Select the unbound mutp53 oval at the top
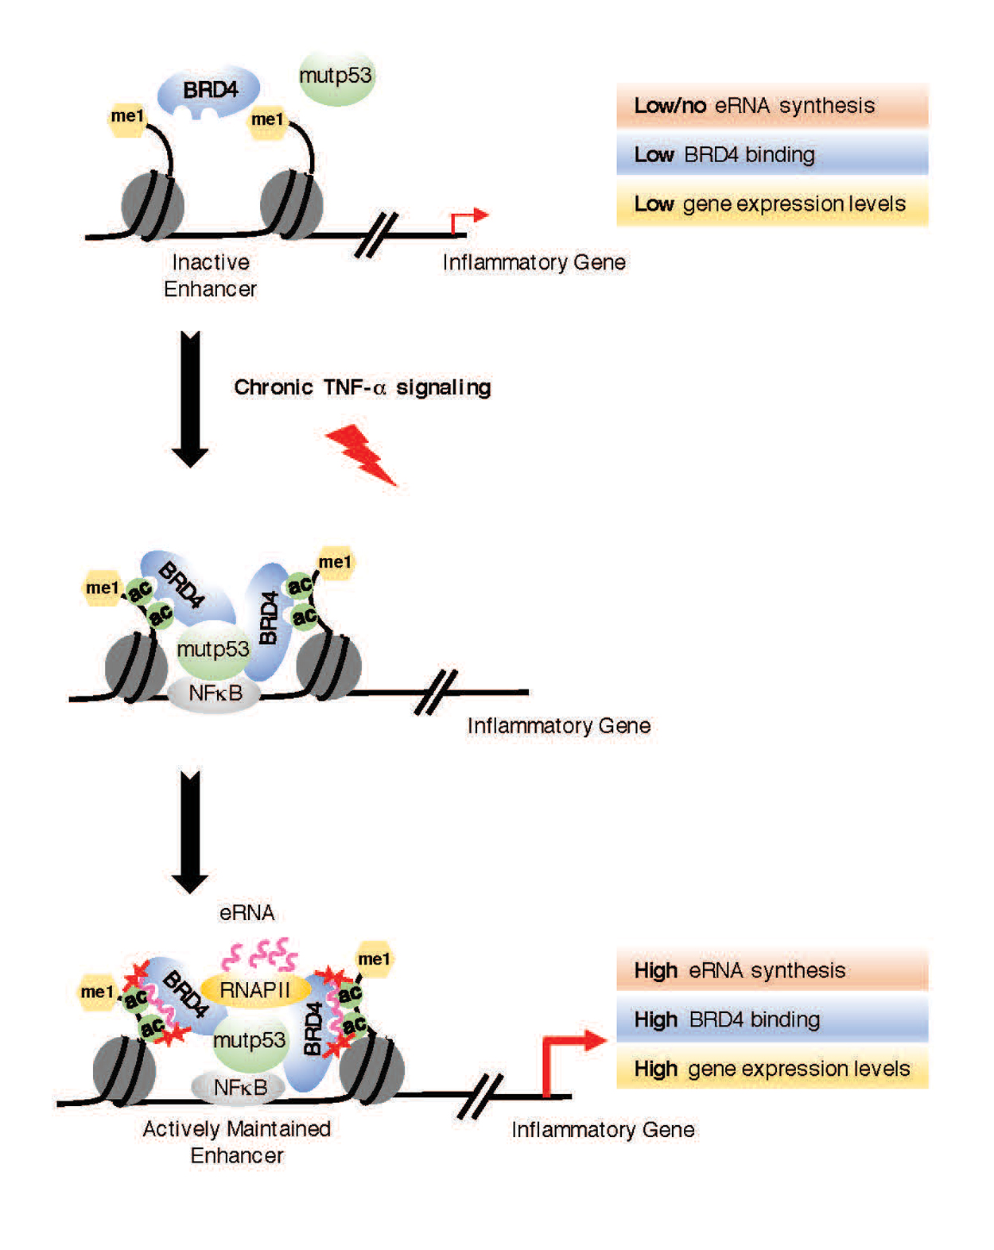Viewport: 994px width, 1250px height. (336, 78)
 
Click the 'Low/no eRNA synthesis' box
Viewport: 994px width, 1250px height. (771, 106)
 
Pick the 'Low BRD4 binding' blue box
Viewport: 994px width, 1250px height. (771, 154)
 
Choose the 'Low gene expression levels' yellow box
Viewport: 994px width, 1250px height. (771, 204)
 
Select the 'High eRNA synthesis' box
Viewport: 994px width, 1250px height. (771, 970)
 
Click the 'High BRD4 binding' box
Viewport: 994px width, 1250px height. (771, 1019)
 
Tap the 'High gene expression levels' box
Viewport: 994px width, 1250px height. (771, 1069)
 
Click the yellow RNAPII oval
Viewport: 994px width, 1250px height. (254, 990)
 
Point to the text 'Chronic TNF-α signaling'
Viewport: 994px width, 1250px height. (362, 387)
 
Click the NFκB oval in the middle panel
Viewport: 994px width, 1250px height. (215, 693)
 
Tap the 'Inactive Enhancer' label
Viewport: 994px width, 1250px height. (210, 275)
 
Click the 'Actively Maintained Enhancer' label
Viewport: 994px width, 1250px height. (236, 1142)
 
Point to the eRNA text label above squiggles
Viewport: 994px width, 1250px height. (247, 913)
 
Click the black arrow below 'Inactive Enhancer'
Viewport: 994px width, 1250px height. (190, 398)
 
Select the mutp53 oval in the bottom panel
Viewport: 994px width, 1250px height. (249, 1040)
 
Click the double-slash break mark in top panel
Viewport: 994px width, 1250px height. (375, 235)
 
